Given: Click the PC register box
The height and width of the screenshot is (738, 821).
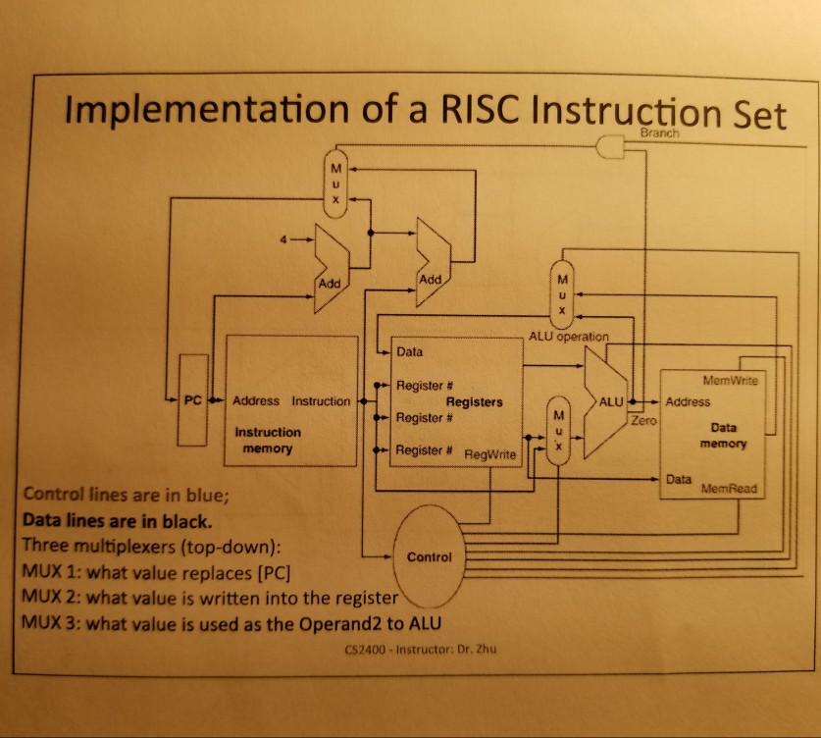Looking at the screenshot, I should pos(194,400).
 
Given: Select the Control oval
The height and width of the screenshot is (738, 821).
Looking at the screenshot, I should pos(429,556).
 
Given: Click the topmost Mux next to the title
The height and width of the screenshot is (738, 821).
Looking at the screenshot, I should pos(335,182).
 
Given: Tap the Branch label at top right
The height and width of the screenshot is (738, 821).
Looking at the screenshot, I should pos(658,133).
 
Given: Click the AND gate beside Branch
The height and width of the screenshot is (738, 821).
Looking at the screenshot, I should pos(611,147).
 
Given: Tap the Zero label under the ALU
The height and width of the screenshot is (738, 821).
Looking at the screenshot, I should pos(643,419).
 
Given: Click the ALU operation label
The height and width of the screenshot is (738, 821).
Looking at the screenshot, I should pos(570,336).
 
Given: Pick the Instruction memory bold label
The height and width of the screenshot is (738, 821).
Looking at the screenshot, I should pos(268,440).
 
